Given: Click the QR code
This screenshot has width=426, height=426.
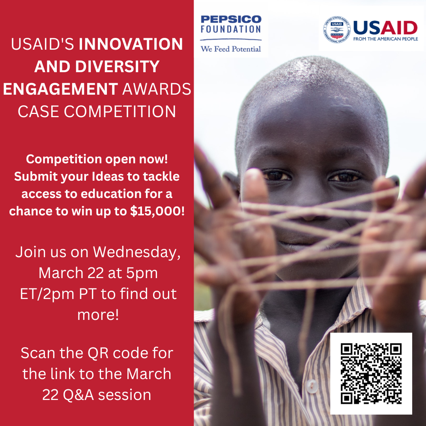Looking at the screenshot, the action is coord(371,374).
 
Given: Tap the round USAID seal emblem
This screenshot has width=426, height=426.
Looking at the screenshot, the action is coord(336,30).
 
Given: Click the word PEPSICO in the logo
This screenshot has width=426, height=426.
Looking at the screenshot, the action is coord(231,19).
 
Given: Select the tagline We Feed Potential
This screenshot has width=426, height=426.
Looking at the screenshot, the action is coord(231,49).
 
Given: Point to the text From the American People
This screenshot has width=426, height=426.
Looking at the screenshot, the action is coord(385,39).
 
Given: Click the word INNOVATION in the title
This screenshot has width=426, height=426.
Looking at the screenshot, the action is coord(131,44).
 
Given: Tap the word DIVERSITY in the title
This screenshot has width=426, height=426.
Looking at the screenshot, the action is coord(118,67).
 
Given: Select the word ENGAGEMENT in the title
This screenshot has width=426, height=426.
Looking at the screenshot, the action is coord(61,89).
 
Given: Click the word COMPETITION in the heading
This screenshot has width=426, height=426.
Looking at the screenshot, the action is coord(120,111).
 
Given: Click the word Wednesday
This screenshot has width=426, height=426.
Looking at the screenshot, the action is coord(136,252).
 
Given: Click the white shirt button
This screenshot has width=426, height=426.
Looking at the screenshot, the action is coord(312,386).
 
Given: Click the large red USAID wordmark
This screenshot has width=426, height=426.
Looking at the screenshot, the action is coord(385,28).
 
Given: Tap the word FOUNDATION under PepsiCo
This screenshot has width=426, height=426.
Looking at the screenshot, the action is coord(231,29).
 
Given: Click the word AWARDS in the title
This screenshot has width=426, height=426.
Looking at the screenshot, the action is coord(157,89).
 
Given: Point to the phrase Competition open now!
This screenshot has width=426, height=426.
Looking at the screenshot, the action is coord(97,159).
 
